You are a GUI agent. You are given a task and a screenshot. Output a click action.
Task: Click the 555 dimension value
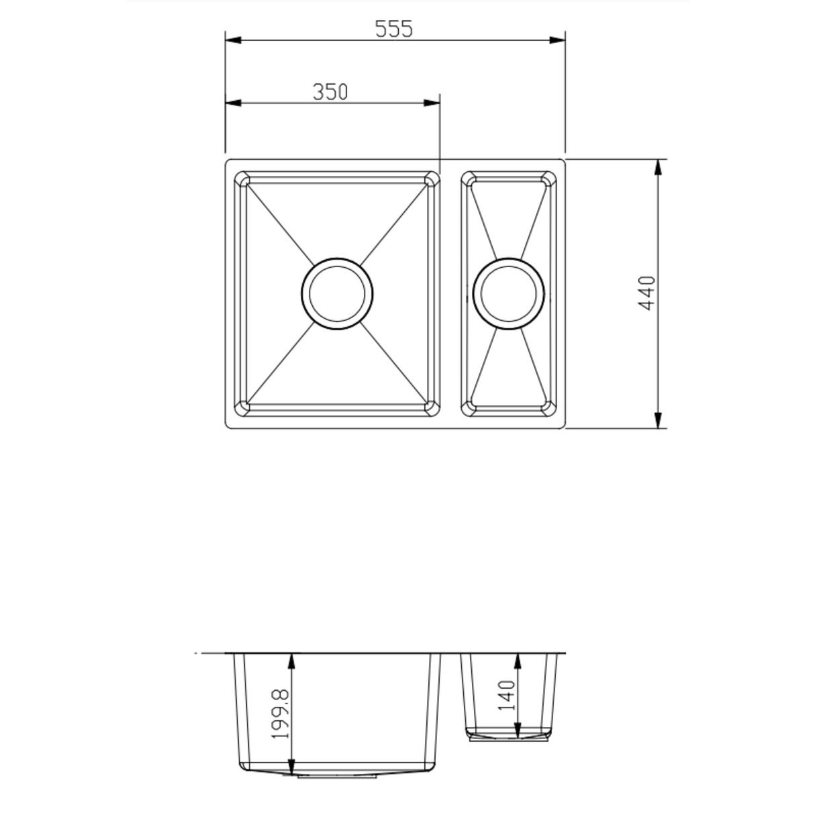(x=393, y=29)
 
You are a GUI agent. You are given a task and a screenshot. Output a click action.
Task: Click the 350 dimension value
(x=330, y=91)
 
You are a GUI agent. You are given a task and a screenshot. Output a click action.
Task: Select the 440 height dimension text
(x=646, y=293)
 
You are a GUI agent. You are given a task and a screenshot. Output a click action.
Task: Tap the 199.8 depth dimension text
(x=280, y=714)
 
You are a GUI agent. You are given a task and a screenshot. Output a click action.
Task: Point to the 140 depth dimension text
(x=507, y=696)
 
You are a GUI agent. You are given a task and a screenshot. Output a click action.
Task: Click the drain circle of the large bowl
(x=337, y=293)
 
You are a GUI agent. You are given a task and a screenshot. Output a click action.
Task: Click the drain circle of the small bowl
(x=509, y=293)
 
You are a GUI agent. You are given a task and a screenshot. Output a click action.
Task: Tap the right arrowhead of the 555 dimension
(x=557, y=40)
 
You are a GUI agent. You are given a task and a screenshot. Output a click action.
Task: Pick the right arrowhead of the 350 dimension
(x=432, y=103)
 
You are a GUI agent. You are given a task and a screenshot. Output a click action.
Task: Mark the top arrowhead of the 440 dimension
(x=658, y=167)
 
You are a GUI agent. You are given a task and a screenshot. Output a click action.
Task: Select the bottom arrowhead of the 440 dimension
(x=658, y=420)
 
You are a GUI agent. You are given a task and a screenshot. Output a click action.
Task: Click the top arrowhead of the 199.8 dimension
(x=291, y=661)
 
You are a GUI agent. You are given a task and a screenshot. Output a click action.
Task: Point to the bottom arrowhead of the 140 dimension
(x=518, y=729)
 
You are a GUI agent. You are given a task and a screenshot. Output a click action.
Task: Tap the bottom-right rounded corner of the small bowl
(x=548, y=407)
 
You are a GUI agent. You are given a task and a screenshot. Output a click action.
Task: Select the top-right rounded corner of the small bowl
(x=548, y=179)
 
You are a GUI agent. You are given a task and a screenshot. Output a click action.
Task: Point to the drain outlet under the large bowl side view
(x=337, y=775)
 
